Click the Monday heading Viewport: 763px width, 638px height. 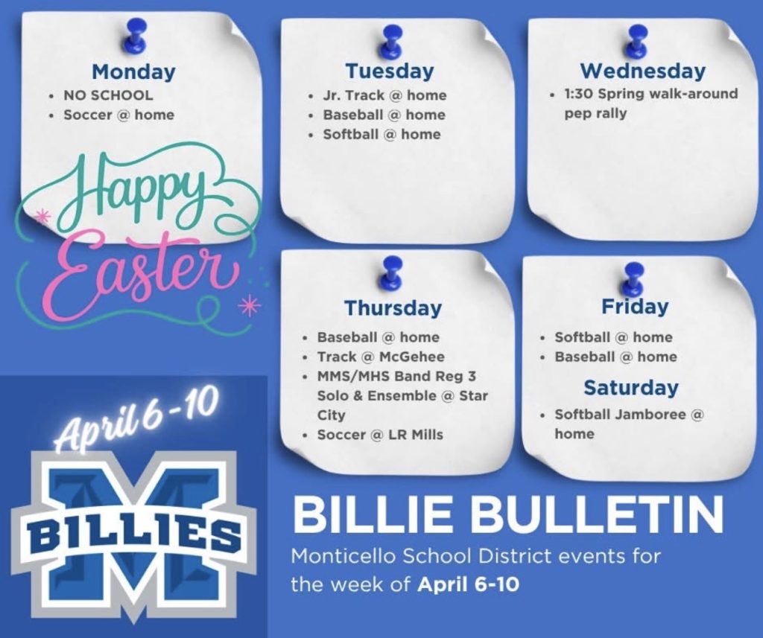coord(133,72)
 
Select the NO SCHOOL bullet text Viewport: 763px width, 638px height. coord(108,95)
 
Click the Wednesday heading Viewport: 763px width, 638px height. coord(642,71)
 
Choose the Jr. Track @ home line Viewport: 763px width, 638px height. coord(384,95)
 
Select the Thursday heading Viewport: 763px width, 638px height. coord(393,308)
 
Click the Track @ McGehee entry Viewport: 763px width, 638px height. coord(381,357)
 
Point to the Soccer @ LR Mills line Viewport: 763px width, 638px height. coord(380,435)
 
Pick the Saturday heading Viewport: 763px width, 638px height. coord(630,388)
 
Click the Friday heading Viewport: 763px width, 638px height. coord(635,307)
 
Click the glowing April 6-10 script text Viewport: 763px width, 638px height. coord(137,419)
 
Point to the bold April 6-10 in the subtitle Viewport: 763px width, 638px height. coord(468,584)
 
